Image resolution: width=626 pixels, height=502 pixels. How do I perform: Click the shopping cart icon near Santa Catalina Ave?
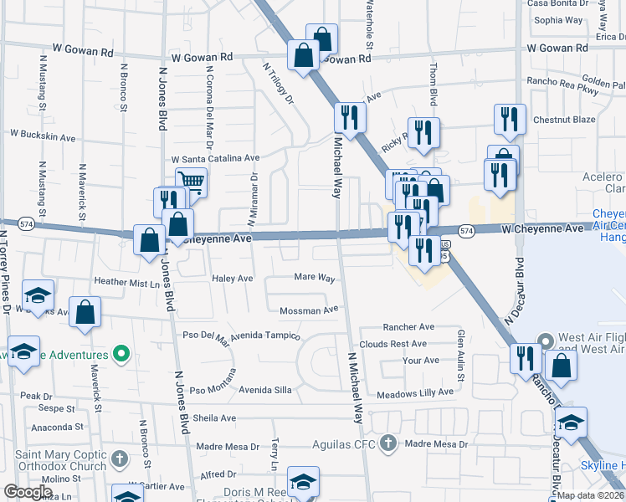pos(191,182)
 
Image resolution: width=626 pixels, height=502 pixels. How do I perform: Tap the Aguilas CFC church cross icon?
pos(387,443)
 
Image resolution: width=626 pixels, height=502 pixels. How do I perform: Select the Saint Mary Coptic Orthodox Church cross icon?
pos(120,459)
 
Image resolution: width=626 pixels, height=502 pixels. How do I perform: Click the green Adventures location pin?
pos(121,355)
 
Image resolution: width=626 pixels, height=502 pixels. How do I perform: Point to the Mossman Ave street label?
pos(309,310)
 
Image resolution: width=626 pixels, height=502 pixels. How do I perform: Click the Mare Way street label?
pos(315,277)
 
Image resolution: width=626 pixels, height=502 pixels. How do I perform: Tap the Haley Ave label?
pos(232,278)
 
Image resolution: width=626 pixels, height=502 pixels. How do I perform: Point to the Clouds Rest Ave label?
pos(393,344)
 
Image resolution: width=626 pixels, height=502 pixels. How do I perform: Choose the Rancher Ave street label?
pos(408,326)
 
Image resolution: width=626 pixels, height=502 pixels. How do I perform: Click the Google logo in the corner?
pos(28,492)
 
